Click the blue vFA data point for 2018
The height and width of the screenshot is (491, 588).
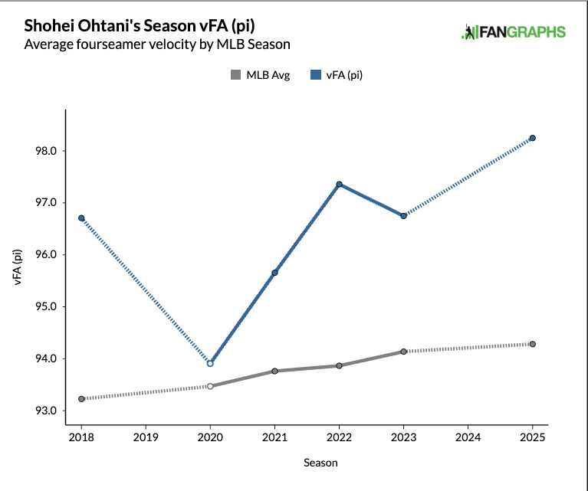(81, 218)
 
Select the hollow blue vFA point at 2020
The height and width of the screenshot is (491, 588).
(210, 363)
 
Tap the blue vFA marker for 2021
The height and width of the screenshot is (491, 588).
(274, 273)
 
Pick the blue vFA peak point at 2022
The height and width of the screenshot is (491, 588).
(339, 185)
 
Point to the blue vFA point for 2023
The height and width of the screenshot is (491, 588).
(403, 216)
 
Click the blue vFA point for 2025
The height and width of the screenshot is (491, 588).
(533, 138)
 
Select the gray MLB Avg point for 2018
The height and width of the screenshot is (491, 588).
(81, 399)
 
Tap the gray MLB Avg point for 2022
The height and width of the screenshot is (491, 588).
(339, 365)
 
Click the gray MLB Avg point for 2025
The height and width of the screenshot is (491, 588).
(533, 344)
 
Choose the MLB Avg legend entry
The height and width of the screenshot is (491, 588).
(260, 75)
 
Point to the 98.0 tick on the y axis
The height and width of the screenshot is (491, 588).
(45, 151)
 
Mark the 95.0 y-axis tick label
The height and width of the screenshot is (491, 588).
(45, 306)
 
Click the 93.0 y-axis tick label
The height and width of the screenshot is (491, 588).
(45, 411)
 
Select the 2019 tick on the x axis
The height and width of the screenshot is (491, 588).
(146, 437)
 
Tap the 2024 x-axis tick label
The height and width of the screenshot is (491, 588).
(468, 437)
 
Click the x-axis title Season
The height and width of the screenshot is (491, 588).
(320, 463)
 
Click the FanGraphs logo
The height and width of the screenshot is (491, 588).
(514, 32)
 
